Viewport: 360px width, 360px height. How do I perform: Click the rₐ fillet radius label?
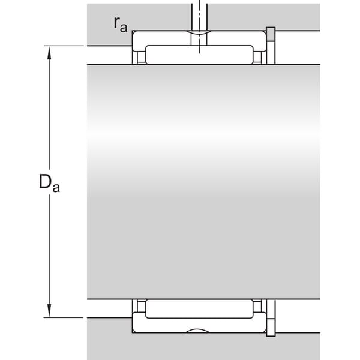121,25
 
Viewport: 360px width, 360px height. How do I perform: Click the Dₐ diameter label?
49,183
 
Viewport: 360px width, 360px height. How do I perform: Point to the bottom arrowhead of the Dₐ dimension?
49,310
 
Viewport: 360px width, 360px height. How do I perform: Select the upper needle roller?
199,55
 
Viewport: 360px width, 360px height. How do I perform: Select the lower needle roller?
199,309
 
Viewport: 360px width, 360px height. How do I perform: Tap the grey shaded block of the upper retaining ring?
271,34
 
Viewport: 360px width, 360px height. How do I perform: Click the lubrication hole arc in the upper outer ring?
199,32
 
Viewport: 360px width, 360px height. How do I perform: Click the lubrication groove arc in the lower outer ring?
197,331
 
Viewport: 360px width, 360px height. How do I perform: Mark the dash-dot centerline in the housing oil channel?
199,26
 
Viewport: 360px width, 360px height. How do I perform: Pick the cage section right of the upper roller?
257,57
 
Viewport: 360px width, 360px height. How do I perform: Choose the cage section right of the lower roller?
257,306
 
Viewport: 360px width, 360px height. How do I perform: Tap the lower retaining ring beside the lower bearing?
271,318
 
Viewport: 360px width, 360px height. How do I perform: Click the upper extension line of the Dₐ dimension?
64,46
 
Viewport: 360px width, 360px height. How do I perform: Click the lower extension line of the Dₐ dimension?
64,318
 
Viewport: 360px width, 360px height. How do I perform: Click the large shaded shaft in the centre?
203,182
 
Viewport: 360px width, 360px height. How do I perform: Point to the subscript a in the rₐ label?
124,28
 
